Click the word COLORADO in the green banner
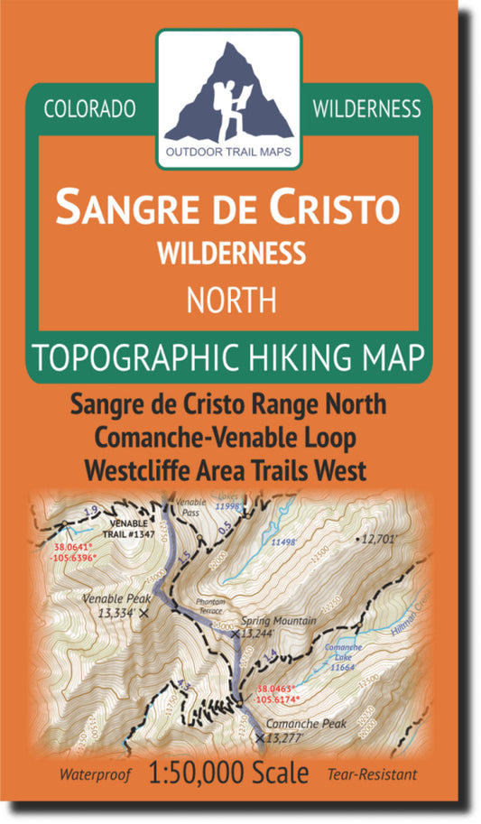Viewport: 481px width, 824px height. click(x=89, y=109)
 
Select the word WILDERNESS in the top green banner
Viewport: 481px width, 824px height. click(x=365, y=109)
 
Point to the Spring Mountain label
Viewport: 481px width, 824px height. click(x=278, y=621)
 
